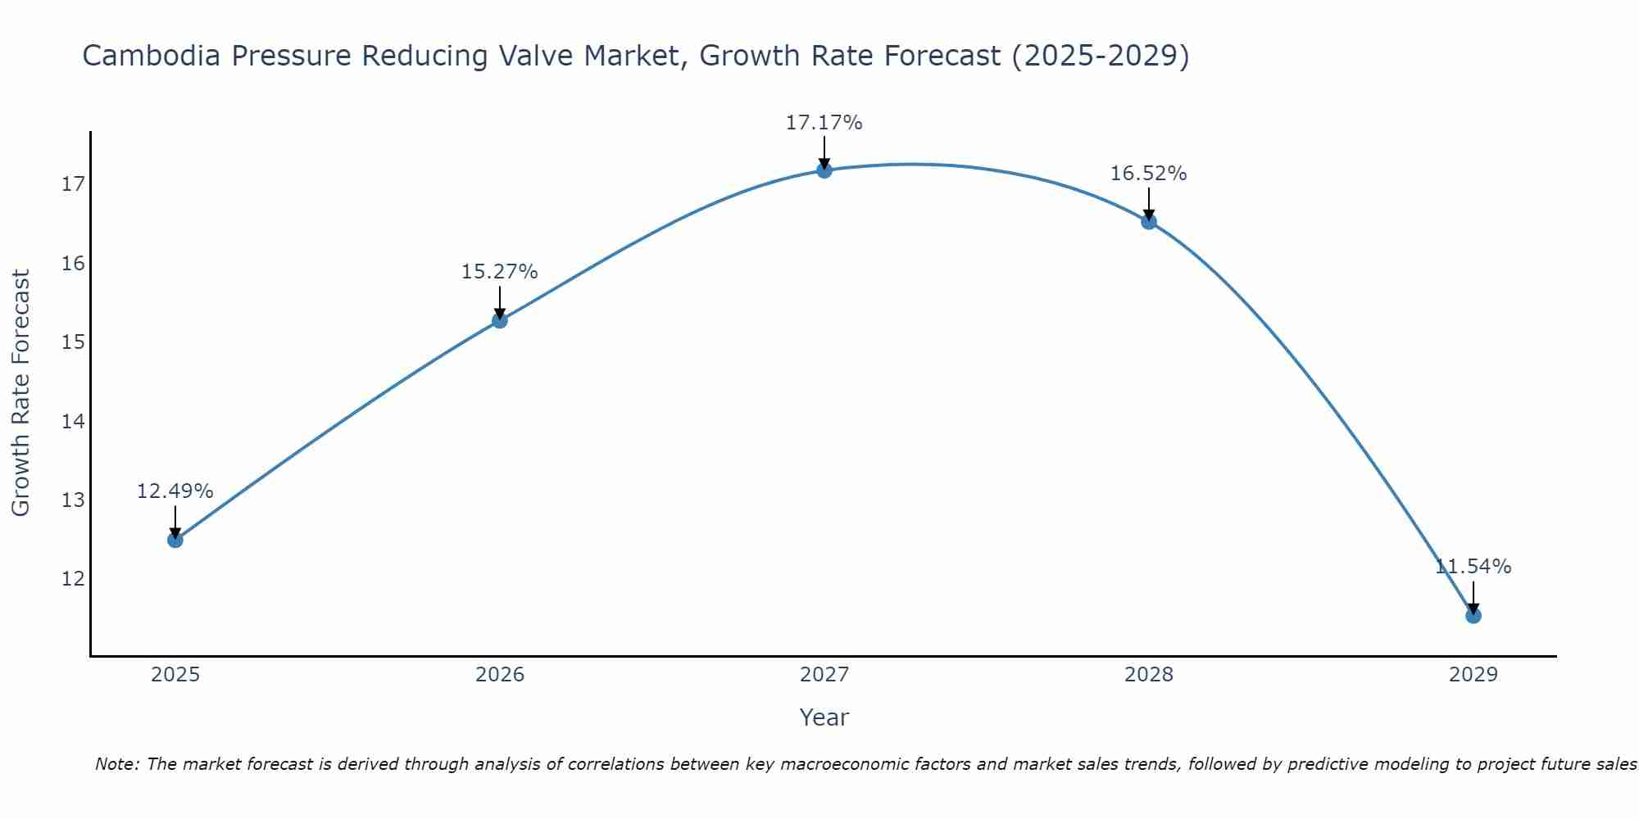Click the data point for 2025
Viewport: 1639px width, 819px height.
pos(175,540)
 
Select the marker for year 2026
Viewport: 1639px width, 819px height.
pos(499,320)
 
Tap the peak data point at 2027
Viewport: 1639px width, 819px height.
pos(824,170)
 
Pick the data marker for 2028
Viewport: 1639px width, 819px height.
pos(1148,221)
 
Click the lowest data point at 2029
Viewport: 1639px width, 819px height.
pos(1473,615)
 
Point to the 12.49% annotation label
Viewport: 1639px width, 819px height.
pos(175,491)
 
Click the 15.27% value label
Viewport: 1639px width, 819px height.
pos(499,272)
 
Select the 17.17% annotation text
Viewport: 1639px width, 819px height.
pos(824,123)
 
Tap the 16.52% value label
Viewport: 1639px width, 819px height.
pos(1148,174)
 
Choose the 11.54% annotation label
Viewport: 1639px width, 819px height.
pos(1473,567)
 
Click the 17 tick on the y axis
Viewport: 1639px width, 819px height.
pos(73,184)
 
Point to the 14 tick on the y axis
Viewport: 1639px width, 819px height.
pos(73,422)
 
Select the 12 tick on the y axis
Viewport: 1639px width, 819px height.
pos(73,579)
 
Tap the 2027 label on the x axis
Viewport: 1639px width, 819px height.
pos(824,675)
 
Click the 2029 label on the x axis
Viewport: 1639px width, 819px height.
pos(1473,675)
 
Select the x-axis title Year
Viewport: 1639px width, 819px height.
pos(824,717)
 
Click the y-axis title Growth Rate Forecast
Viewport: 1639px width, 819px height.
pos(21,393)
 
